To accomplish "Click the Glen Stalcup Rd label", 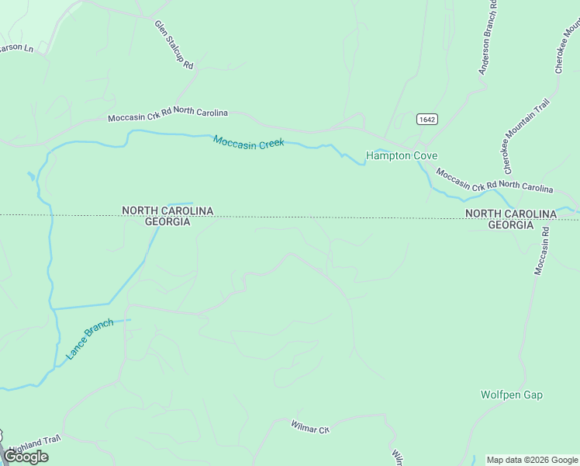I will tap(174, 46).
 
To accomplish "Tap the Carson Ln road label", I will tap(16, 48).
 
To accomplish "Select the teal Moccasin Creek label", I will tap(249, 142).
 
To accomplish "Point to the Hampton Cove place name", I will tap(402, 155).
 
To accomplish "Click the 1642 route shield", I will tap(426, 119).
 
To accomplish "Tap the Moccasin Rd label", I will tap(541, 250).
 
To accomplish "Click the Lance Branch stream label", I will tap(90, 339).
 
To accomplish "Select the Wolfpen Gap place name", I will tap(511, 395).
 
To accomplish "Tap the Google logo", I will tap(26, 457).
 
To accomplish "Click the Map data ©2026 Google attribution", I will tap(533, 460).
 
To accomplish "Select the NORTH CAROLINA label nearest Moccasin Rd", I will tap(511, 214).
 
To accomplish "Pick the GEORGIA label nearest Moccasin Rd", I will tap(510, 224).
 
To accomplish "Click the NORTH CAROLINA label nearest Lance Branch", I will tap(167, 210).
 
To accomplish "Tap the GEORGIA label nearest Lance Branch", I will tap(167, 221).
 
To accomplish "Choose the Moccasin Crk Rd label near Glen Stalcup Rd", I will tap(167, 115).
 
